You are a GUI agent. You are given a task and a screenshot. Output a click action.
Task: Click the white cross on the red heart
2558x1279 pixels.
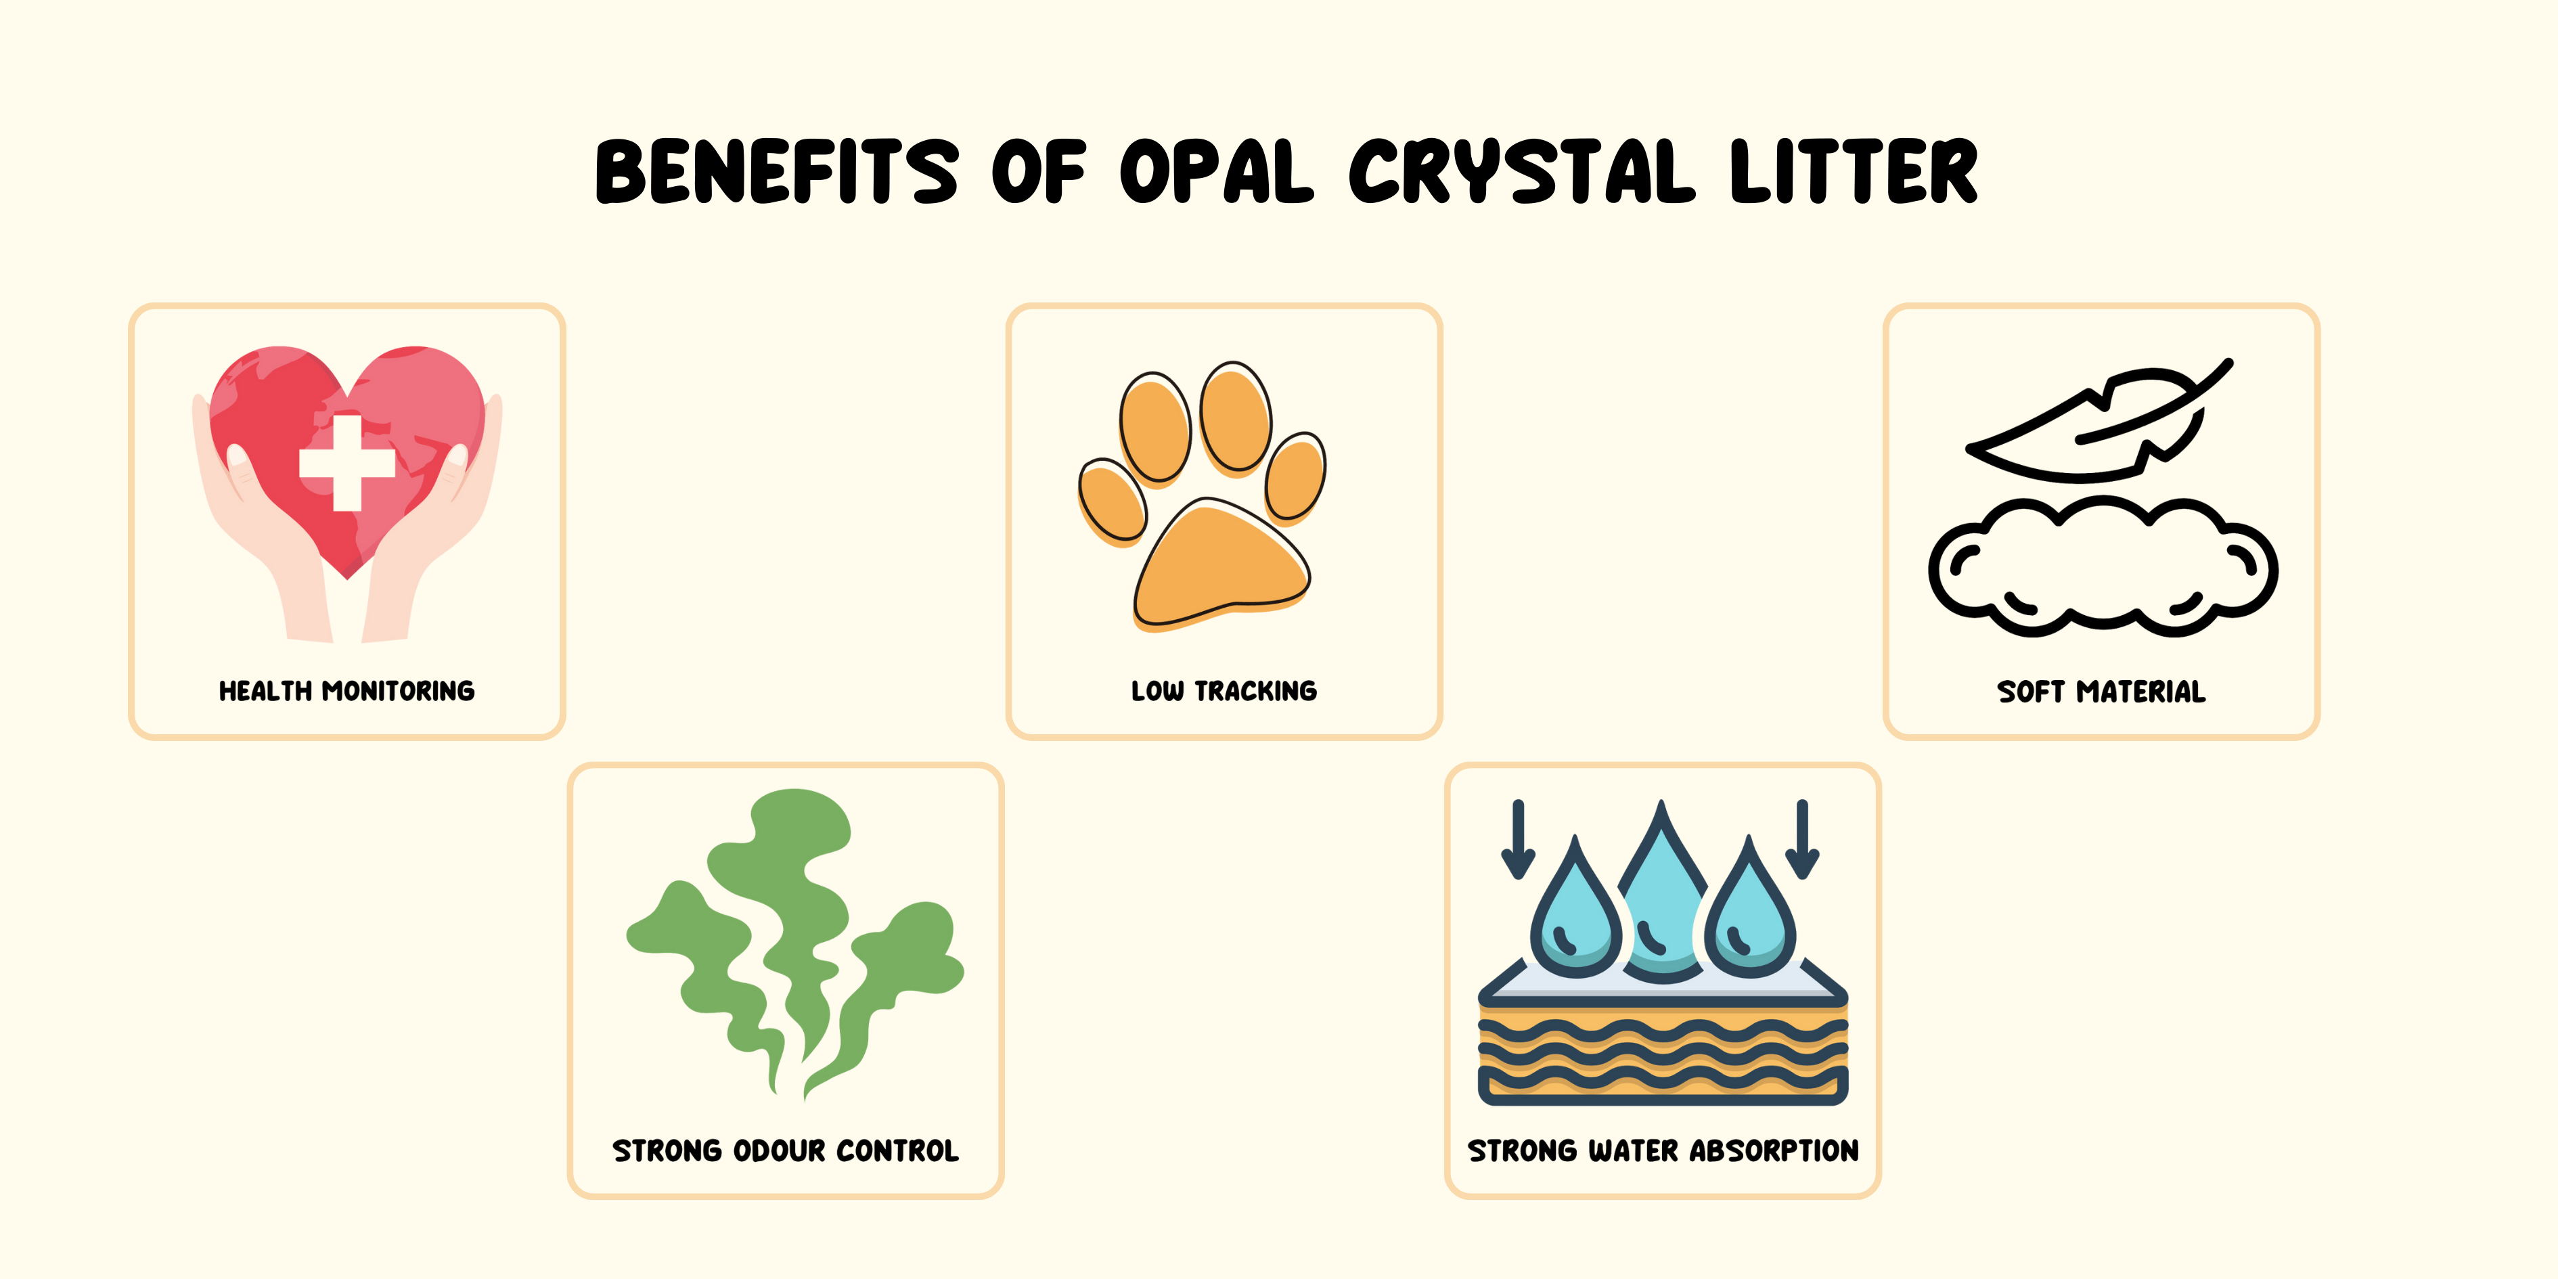coord(348,463)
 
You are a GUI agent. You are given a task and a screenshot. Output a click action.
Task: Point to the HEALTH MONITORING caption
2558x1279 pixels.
coord(346,690)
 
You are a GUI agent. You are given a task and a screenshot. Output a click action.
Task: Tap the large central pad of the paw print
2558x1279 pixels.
coord(1222,564)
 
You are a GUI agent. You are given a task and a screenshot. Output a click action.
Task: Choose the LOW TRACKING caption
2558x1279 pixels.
coord(1224,690)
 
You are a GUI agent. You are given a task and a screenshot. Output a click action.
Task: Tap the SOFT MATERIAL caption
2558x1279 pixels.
coord(2101,691)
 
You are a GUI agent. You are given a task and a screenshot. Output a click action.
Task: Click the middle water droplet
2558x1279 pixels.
coord(1662,894)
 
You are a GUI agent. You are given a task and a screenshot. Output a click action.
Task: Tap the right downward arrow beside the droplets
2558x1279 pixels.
coord(1802,839)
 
